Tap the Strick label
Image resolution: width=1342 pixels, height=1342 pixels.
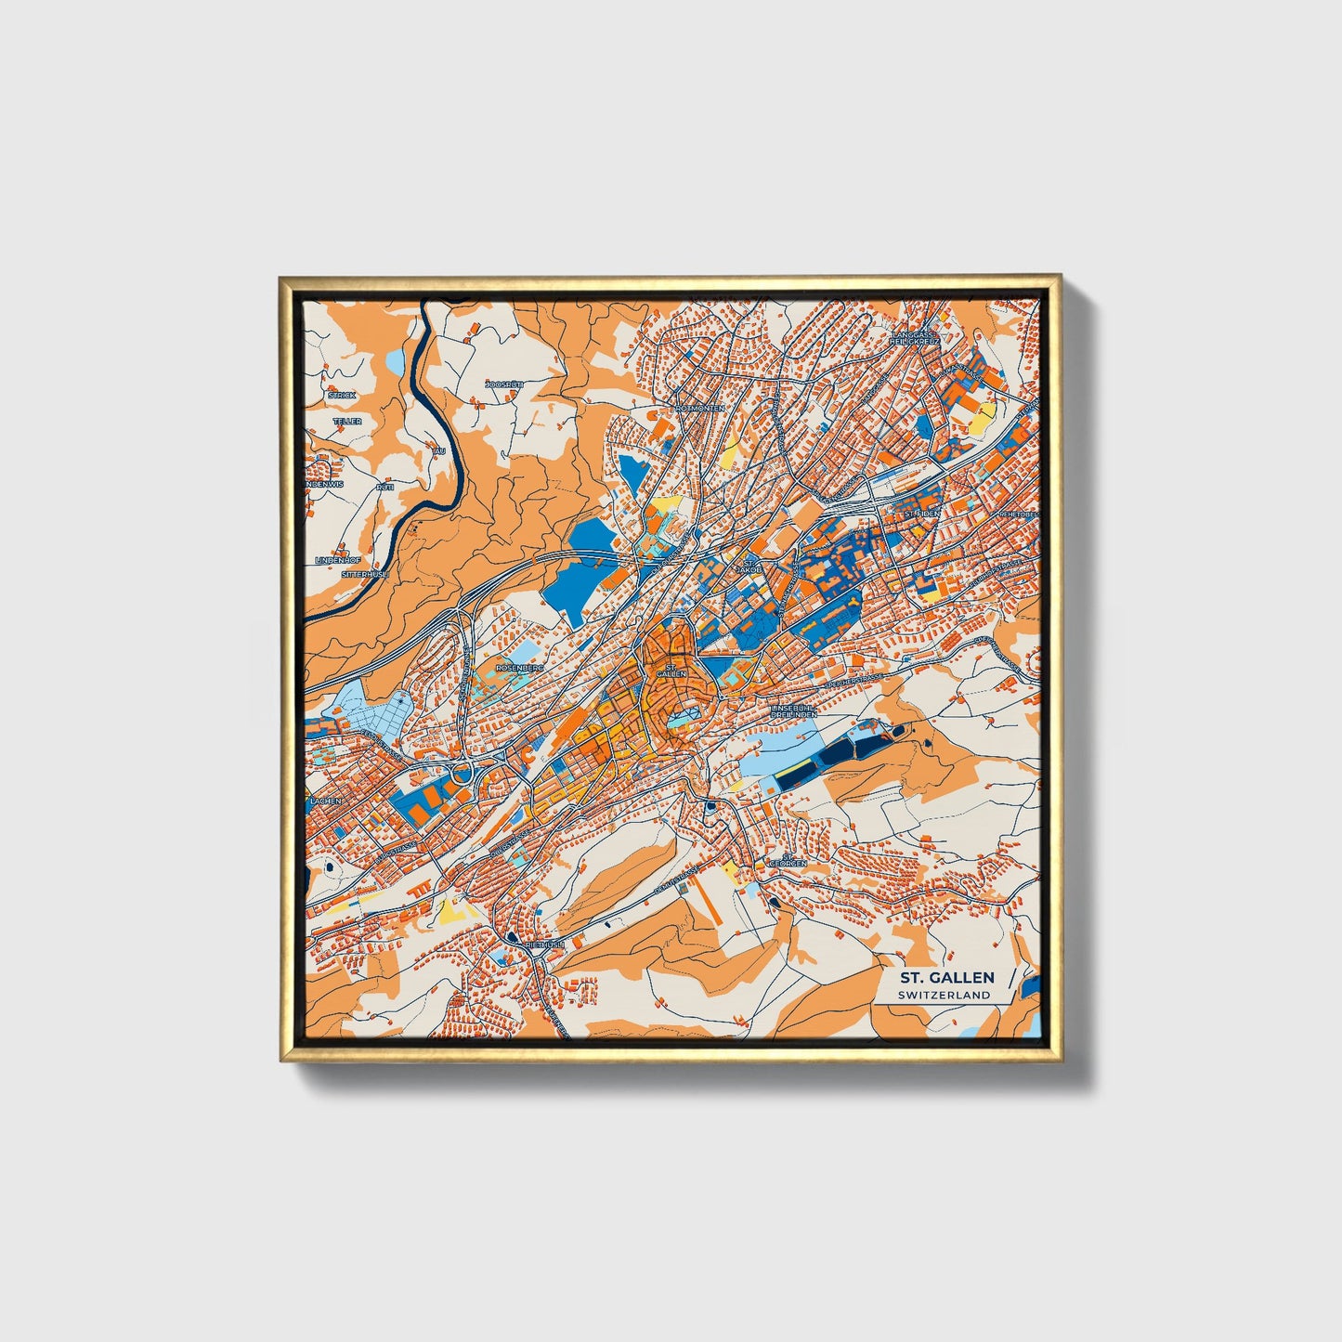[341, 395]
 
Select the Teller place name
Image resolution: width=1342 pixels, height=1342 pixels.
[347, 421]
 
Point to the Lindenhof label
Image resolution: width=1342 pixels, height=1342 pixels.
[337, 560]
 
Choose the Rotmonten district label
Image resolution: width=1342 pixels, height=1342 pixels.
[701, 408]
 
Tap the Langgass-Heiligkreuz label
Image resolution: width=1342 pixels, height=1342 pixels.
[915, 337]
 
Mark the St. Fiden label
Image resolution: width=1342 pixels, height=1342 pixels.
[922, 513]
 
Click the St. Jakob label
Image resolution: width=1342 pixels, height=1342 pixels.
[749, 566]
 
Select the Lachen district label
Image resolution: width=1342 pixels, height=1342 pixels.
[326, 800]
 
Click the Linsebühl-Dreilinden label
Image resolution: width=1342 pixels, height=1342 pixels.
[794, 710]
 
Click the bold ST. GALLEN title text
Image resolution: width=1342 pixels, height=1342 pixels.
[945, 977]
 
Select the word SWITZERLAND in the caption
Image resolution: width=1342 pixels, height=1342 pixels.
[944, 995]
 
